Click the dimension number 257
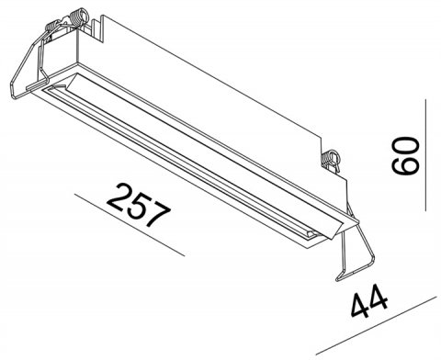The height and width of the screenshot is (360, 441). (139, 205)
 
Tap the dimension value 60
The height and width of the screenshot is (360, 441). (405, 156)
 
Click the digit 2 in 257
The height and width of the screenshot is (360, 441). (119, 196)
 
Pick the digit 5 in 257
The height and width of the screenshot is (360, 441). (139, 205)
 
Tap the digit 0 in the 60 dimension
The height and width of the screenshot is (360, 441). (405, 147)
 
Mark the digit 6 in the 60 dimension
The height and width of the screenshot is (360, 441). (405, 166)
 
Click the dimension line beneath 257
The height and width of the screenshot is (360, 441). (130, 224)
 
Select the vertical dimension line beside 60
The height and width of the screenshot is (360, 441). (425, 155)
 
